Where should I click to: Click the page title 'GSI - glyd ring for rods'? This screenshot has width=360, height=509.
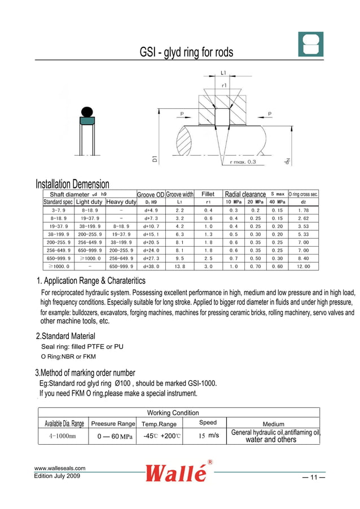[x=186, y=53]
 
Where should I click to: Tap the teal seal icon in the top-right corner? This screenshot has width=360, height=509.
[x=311, y=44]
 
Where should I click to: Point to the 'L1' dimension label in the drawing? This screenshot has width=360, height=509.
[x=223, y=73]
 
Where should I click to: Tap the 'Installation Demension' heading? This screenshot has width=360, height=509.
[x=72, y=185]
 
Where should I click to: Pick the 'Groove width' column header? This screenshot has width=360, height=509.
[x=180, y=195]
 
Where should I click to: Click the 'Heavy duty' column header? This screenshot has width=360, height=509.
[x=121, y=202]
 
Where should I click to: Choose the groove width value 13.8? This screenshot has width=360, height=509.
[x=180, y=266]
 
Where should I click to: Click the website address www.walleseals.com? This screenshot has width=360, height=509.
[x=60, y=468]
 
